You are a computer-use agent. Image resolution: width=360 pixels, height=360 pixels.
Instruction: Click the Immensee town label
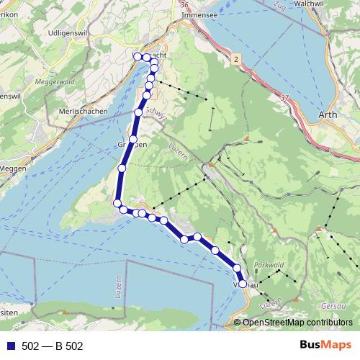[x=199, y=14]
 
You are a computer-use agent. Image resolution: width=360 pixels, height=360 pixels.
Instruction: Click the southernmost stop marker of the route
[x=243, y=284]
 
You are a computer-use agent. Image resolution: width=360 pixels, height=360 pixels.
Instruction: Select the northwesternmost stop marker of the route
[x=137, y=56]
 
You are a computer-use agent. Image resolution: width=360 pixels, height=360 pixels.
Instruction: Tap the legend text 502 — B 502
[x=52, y=346]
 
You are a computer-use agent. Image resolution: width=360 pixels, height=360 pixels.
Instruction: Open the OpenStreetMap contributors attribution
[x=297, y=323]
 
